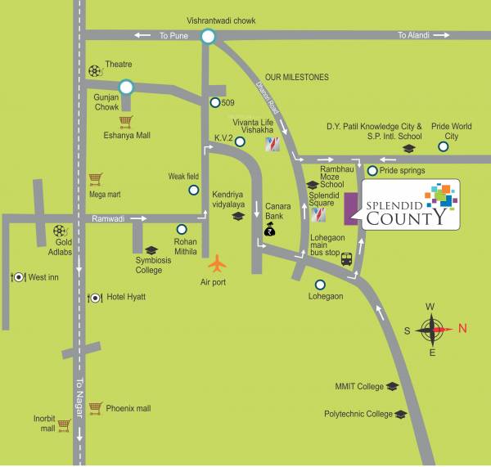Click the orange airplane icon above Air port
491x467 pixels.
(x=217, y=264)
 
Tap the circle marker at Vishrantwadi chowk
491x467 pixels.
(x=208, y=35)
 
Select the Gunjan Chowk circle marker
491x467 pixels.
(x=125, y=86)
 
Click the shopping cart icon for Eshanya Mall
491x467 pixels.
(x=125, y=122)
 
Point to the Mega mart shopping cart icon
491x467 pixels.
(x=96, y=177)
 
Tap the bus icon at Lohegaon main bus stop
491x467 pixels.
(x=346, y=259)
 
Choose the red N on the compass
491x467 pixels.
(x=462, y=329)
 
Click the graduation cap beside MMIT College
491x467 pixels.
(x=392, y=386)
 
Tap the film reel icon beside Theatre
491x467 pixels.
(x=96, y=70)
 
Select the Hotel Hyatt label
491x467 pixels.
(x=126, y=297)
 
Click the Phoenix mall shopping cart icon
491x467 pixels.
(x=96, y=406)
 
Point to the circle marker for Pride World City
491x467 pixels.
(x=443, y=147)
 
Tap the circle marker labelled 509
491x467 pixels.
(x=214, y=103)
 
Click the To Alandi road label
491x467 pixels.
(x=413, y=35)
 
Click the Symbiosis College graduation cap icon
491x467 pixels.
(x=151, y=250)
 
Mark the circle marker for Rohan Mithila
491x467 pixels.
(x=182, y=229)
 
